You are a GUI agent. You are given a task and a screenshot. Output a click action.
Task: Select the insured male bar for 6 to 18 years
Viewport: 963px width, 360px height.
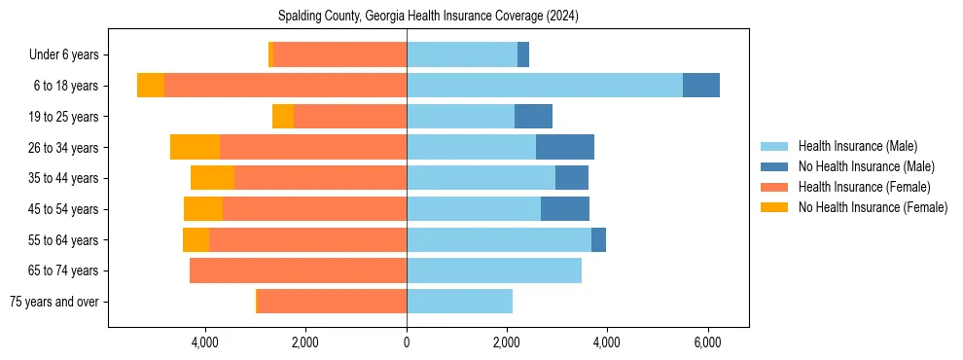544,85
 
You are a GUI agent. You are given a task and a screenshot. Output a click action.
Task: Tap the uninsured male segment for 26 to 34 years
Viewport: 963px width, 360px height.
564,147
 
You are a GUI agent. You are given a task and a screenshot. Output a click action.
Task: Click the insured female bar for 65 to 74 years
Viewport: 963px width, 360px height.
298,270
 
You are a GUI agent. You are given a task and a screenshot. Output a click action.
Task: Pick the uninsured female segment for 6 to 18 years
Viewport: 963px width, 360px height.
151,85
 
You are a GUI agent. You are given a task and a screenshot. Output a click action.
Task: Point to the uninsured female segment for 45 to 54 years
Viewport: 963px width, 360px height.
203,208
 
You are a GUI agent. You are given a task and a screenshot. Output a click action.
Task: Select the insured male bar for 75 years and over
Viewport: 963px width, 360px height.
459,302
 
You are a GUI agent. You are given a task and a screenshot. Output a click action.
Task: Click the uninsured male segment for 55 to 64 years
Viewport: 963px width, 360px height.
598,239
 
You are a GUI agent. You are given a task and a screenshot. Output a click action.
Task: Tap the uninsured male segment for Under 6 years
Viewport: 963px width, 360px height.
523,54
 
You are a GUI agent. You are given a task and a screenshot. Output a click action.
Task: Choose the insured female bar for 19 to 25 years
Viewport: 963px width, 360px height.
350,116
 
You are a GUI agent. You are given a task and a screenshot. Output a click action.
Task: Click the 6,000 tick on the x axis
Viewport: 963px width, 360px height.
707,342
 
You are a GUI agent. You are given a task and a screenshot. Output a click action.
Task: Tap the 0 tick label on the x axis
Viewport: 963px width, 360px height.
407,342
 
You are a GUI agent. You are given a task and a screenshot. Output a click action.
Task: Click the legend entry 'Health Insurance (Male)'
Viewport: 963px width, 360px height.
857,146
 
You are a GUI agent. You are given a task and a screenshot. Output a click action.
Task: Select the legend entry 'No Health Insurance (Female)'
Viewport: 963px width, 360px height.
873,207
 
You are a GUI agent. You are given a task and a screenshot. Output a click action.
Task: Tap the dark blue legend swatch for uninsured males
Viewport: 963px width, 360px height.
774,166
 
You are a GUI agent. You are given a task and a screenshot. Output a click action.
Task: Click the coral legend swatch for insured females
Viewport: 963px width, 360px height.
774,187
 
